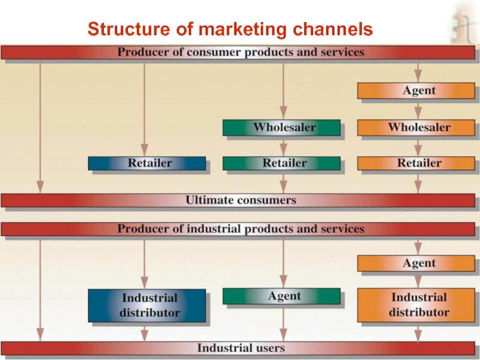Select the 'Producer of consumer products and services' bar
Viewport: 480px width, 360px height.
240,52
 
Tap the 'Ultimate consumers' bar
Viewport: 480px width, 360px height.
240,200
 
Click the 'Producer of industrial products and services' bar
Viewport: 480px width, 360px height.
240,229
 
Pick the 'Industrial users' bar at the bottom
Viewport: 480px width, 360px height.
240,347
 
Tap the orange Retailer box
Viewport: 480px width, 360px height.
418,163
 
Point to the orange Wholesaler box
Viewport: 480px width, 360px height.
418,127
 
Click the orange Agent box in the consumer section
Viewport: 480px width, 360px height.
418,91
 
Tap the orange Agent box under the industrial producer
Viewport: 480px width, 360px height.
418,263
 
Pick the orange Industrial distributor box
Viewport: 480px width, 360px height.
418,305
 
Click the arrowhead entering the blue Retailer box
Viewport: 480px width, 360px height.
144,152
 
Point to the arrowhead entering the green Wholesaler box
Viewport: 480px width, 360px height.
283,116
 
